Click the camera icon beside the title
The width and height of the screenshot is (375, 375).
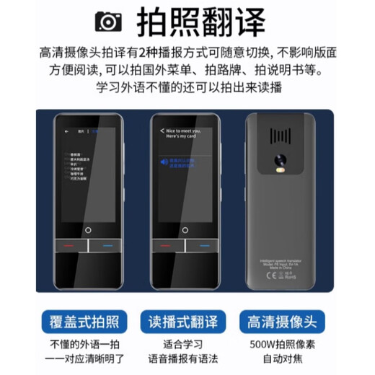tap(108, 21)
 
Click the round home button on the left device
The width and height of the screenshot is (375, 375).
tap(89, 231)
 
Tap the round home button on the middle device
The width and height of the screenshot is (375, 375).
tap(186, 231)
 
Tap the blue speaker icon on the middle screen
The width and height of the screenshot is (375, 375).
tap(164, 163)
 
